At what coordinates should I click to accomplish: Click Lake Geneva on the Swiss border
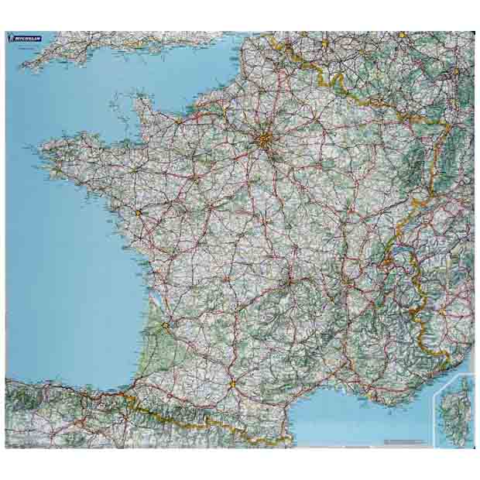pos(399,252)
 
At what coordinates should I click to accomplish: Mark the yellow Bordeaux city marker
pos(165,325)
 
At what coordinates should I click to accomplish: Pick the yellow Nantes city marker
pos(139,211)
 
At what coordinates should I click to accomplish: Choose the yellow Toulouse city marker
pos(231,383)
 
